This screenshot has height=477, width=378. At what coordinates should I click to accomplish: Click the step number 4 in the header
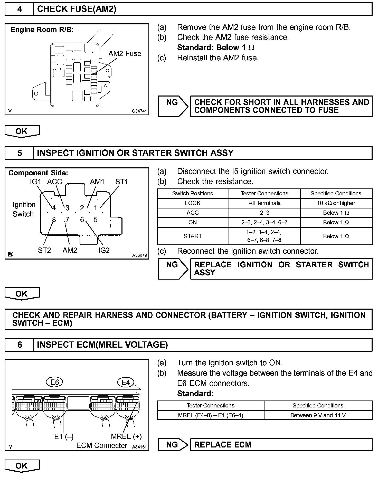coord(20,9)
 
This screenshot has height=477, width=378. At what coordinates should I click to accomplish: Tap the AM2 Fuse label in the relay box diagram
coord(125,54)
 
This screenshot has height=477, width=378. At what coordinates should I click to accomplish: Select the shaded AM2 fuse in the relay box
coord(94,74)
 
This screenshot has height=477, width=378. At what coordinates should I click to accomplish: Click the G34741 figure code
coord(139,111)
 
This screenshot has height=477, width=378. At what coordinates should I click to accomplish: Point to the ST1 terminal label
coord(121,182)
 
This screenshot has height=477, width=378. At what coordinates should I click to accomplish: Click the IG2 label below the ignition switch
coord(104,250)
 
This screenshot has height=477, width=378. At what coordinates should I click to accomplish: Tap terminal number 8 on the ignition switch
coord(54,220)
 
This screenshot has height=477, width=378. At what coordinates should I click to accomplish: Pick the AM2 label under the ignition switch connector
coord(70,250)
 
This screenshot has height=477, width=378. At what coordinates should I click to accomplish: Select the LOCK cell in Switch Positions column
coord(193,203)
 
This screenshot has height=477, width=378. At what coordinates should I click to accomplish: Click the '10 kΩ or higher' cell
coord(336,203)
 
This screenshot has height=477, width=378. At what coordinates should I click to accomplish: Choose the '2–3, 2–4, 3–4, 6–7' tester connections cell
coord(264,222)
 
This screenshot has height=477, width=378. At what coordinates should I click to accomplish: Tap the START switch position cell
coord(193,236)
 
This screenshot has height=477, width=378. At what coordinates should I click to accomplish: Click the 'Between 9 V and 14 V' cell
coord(318,415)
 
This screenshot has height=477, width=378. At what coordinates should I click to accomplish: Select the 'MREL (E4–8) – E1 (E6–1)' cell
coord(211,415)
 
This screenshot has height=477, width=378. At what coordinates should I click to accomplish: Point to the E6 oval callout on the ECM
coord(54,383)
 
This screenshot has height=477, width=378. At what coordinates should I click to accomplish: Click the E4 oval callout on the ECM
coord(126,383)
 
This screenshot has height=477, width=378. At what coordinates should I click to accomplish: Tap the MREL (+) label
coord(126,436)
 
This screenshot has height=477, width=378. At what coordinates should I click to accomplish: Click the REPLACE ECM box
coord(281,445)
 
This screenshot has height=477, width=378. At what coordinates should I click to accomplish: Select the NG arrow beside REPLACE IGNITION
coord(173,269)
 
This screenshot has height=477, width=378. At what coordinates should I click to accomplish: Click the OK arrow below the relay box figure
coord(22,131)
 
